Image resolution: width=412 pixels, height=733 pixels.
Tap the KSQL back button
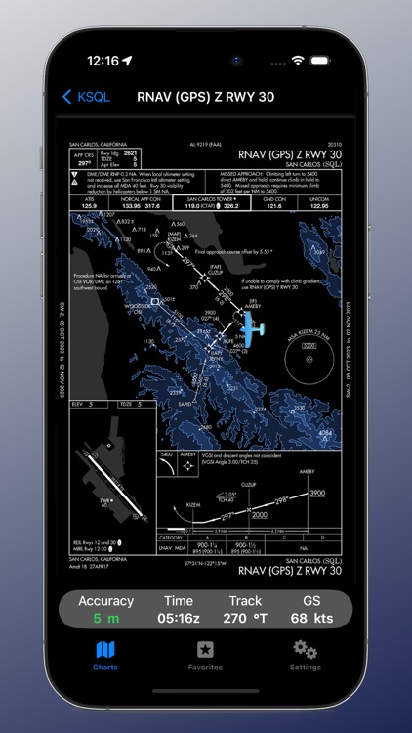86,96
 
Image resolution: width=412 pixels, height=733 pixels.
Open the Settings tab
305,653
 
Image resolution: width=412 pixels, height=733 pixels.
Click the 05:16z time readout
178,618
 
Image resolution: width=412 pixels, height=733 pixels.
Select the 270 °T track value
245,618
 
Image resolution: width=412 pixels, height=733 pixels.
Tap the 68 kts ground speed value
310,618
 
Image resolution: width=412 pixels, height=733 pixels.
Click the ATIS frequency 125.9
89,207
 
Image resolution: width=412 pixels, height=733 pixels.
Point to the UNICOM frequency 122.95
320,207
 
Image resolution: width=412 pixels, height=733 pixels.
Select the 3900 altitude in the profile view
316,495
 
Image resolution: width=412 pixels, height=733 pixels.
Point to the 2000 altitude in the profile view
257,513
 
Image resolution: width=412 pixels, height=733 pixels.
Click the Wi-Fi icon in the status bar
298,61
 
